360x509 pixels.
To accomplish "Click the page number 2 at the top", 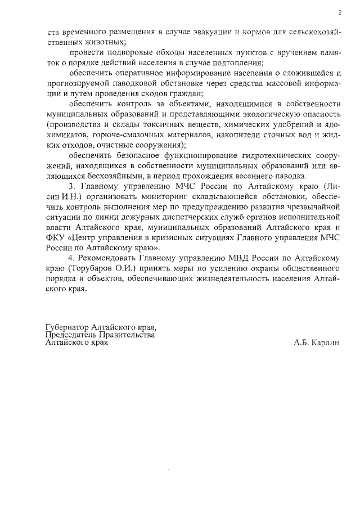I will (x=340, y=12).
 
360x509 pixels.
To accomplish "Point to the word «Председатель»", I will (x=70, y=335).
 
